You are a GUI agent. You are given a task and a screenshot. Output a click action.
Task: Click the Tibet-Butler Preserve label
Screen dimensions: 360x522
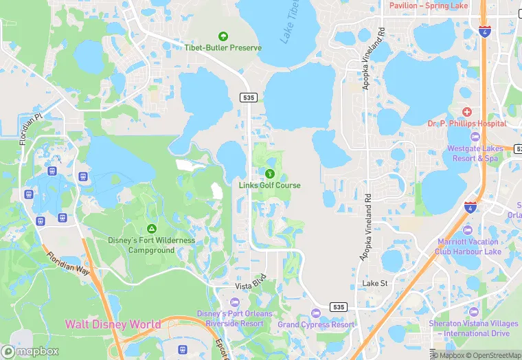click(x=223, y=47)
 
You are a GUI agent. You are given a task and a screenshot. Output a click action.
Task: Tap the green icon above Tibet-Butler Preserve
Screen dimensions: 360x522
click(x=223, y=36)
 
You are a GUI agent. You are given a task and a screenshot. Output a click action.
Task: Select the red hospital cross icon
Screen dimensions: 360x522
click(x=467, y=112)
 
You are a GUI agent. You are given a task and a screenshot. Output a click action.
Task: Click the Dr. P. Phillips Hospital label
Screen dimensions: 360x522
click(x=467, y=124)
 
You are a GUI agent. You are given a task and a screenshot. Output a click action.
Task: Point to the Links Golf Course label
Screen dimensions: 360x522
click(x=269, y=185)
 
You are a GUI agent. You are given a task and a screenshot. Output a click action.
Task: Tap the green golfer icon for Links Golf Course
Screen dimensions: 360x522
click(x=269, y=174)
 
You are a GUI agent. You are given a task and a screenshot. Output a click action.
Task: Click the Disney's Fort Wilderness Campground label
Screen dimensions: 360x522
click(x=151, y=245)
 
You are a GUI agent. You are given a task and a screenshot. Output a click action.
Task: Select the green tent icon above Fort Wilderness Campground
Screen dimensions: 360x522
click(x=151, y=229)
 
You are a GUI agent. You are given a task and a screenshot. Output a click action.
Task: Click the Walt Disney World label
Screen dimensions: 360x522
click(x=113, y=324)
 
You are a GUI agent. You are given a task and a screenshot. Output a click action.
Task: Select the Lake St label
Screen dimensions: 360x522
click(x=375, y=283)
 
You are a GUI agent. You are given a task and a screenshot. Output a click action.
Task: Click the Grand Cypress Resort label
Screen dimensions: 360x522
click(x=316, y=324)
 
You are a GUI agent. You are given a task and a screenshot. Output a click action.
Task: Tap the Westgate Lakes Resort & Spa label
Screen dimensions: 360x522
click(x=472, y=153)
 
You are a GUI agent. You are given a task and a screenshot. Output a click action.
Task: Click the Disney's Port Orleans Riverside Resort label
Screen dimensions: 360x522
click(x=234, y=318)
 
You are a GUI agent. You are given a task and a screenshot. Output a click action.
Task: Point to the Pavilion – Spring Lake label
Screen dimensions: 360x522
click(x=428, y=5)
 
